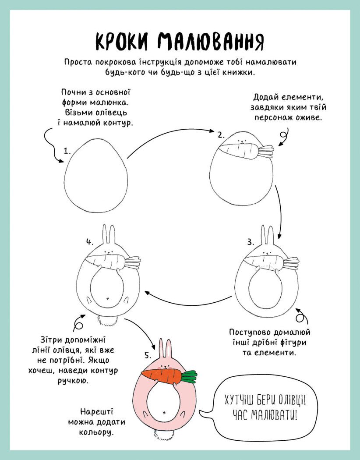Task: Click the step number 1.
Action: click(67, 151)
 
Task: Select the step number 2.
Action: click(221, 135)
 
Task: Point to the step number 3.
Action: click(251, 242)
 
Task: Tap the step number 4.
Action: click(90, 242)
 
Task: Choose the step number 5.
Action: click(148, 356)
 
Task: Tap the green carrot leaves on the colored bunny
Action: click(189, 377)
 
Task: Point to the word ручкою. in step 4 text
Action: click(73, 381)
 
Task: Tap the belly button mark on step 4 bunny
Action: click(108, 298)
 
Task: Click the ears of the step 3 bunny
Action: click(267, 235)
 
